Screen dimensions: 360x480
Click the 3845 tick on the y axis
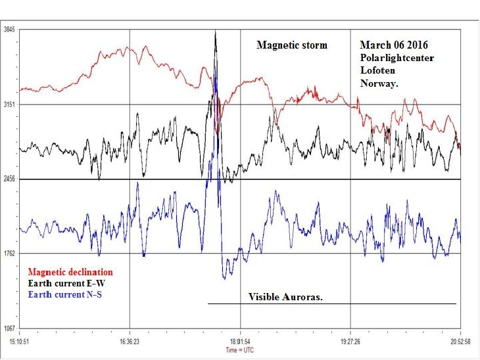(9, 30)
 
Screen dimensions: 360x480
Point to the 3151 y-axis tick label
(9, 104)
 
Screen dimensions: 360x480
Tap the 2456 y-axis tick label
(9, 179)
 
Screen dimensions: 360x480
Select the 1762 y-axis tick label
(9, 253)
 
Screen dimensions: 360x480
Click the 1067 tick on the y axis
(9, 327)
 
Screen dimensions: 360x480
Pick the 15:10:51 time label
(19, 342)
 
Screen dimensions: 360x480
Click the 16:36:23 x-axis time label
(130, 342)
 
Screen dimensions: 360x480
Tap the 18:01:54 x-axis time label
(240, 342)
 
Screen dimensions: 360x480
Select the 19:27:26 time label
(350, 342)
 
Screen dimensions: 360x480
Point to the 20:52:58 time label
(460, 342)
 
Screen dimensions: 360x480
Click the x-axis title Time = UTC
(240, 349)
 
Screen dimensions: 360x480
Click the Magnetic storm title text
(291, 45)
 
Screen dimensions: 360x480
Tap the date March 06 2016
(394, 45)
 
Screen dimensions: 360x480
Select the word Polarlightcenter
(396, 58)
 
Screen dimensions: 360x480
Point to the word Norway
(377, 83)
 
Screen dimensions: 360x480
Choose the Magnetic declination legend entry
(70, 272)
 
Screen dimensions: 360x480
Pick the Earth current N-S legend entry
(64, 294)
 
